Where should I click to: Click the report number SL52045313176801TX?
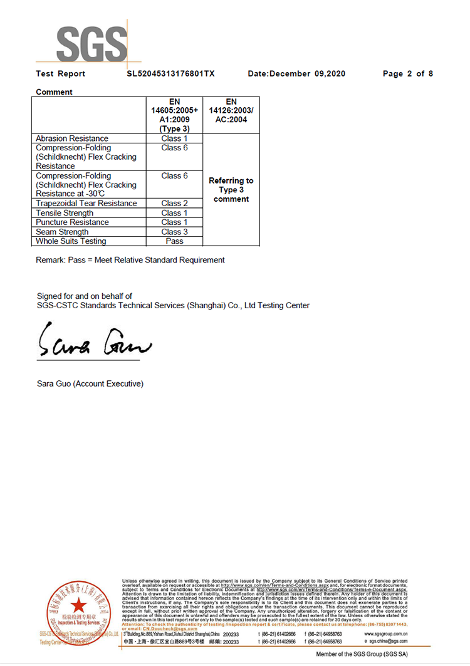click(x=170, y=74)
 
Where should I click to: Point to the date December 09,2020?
click(x=296, y=74)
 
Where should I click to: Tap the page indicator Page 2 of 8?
click(x=408, y=74)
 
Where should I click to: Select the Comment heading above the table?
click(x=54, y=92)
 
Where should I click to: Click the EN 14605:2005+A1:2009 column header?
click(x=174, y=115)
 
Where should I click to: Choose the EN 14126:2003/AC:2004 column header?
click(x=231, y=111)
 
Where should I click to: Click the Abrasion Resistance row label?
click(x=72, y=138)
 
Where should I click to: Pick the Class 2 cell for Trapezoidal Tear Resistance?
click(x=174, y=204)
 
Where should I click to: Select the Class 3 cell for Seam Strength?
click(x=174, y=232)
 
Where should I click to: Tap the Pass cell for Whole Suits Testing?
click(x=174, y=241)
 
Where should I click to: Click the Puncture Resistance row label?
click(x=72, y=222)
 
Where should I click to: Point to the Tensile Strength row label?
click(x=65, y=213)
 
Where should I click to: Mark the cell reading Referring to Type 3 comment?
click(x=231, y=190)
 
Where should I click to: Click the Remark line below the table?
click(x=130, y=260)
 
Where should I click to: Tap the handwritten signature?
click(x=94, y=341)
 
